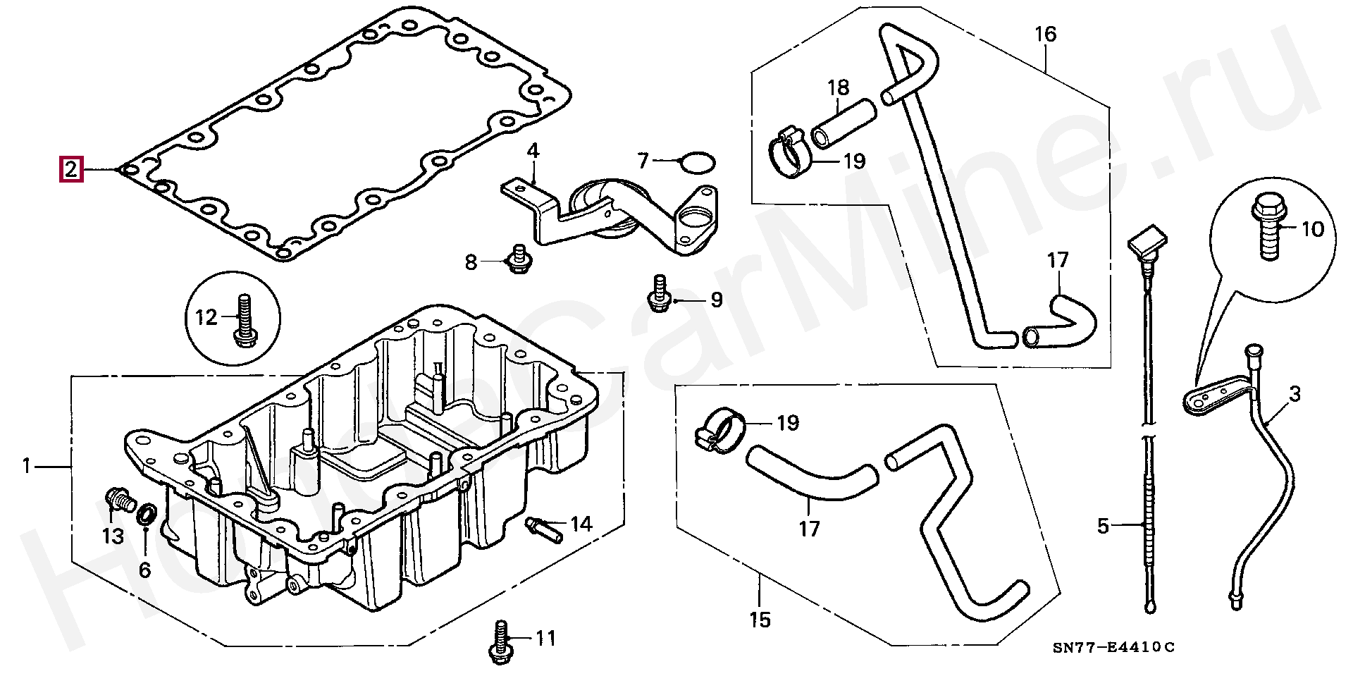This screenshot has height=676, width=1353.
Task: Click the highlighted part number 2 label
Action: (x=71, y=170)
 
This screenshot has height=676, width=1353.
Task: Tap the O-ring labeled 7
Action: (x=697, y=163)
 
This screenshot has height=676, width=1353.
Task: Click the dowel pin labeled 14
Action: (x=544, y=529)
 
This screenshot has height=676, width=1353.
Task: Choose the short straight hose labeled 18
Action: (x=844, y=123)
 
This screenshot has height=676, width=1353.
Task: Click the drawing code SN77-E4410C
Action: (x=1114, y=648)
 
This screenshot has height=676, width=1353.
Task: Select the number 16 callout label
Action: (x=1046, y=34)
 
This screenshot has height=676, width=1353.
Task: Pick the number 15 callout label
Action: (x=760, y=620)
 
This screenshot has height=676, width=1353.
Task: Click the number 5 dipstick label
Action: (x=1104, y=525)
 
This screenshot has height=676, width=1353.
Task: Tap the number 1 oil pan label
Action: (x=27, y=466)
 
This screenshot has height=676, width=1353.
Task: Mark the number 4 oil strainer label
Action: (x=533, y=151)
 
